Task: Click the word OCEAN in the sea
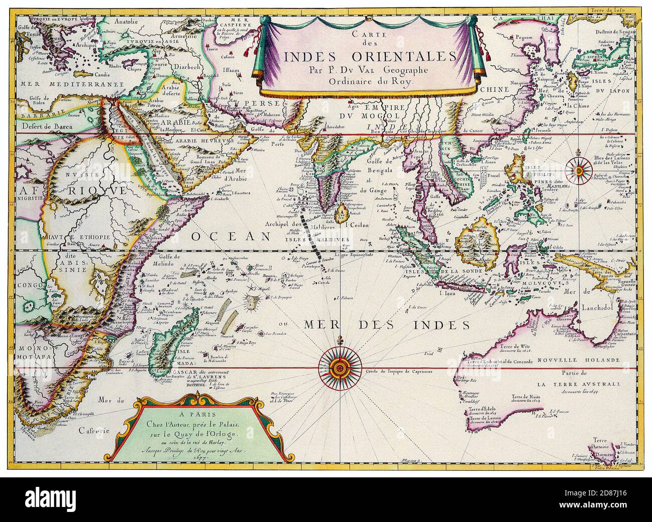(237, 236)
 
